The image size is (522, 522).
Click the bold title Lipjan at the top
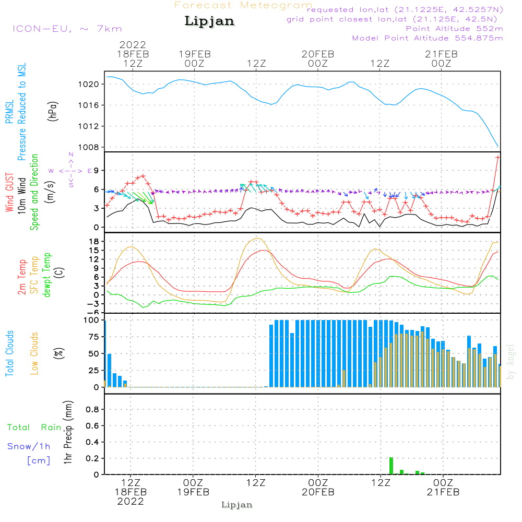[x=209, y=21]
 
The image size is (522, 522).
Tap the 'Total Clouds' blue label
[x=10, y=353]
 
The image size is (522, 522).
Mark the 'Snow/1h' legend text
[x=29, y=446]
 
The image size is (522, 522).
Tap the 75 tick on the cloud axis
[x=92, y=337]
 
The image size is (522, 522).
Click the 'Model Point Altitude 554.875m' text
[x=428, y=38]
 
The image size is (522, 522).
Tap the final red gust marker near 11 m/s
[x=498, y=157]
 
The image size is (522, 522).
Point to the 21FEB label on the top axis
[x=441, y=54]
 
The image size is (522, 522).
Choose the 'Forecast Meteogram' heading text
[x=243, y=5]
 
